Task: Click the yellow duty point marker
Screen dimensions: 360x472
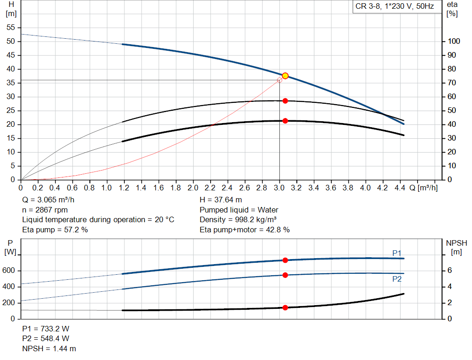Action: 285,76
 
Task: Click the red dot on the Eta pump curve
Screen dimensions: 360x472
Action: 285,100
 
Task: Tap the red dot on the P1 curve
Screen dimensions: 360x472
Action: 285,260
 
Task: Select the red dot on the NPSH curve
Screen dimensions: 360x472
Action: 285,307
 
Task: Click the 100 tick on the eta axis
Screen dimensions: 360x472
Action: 454,41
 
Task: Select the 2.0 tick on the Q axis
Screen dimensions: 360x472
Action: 193,188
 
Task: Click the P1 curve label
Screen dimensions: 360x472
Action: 396,253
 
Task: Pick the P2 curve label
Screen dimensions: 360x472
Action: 396,279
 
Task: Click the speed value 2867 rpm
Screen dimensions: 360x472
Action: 51,210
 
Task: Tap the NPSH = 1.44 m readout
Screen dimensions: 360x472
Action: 49,348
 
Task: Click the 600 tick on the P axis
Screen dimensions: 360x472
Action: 10,271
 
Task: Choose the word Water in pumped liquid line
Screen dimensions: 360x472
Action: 268,210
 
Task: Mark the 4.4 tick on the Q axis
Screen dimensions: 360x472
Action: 400,188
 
